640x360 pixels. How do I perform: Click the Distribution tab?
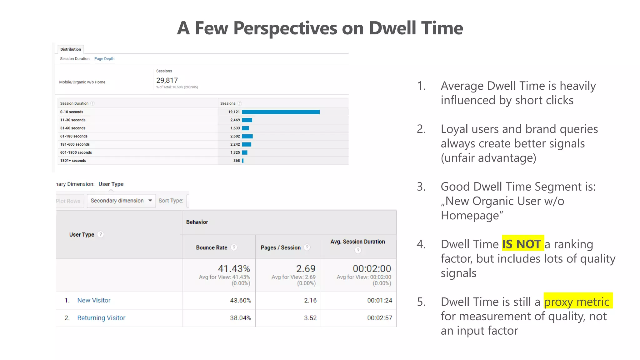[x=71, y=49]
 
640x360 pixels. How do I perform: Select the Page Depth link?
[x=104, y=59]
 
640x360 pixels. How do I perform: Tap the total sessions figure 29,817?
[x=167, y=80]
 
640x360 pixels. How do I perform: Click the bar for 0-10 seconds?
[x=281, y=112]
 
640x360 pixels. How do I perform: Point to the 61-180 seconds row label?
[x=74, y=136]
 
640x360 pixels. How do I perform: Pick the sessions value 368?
[x=237, y=161]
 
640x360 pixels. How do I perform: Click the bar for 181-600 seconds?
[x=247, y=144]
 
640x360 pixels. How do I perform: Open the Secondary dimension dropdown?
[x=121, y=201]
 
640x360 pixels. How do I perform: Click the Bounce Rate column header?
[x=212, y=247]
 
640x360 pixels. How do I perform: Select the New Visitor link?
[x=94, y=300]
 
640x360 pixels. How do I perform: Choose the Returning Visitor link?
[x=101, y=318]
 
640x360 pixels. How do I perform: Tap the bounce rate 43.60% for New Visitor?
[x=240, y=300]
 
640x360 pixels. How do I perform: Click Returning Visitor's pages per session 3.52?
[x=310, y=318]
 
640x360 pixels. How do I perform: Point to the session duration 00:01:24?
[x=379, y=300]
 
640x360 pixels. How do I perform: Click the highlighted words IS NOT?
[x=522, y=244]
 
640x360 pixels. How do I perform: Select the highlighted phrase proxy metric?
[x=577, y=302]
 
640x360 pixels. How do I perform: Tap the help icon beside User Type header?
[x=101, y=234]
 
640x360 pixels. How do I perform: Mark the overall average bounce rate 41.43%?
[x=234, y=269]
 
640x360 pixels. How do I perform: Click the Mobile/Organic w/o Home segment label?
[x=82, y=82]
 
